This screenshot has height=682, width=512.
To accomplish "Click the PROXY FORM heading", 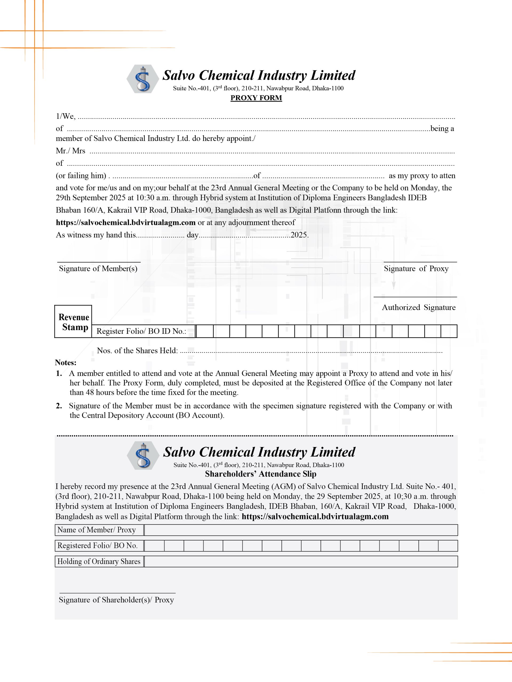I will [256, 98].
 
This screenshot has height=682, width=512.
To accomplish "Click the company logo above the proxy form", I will [143, 79].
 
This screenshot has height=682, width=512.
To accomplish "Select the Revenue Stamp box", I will [73, 322].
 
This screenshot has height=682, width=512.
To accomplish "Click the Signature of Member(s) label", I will [98, 269].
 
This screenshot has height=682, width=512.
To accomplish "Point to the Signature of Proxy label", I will [416, 269].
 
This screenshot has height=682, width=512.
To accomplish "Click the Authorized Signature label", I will [418, 307].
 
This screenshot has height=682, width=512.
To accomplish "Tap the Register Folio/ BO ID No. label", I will [141, 331].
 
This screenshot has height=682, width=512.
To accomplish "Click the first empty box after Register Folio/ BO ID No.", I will [205, 331].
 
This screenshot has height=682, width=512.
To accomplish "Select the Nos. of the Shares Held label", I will [137, 351].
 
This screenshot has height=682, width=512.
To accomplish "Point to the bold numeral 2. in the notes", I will [59, 406].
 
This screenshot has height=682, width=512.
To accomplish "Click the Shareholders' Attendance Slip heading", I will [261, 474].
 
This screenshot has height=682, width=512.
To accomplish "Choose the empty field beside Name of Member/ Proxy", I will [301, 530].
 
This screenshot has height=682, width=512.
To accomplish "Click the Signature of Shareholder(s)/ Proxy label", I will [116, 600].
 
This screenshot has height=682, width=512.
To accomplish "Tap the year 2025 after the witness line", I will [299, 235].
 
